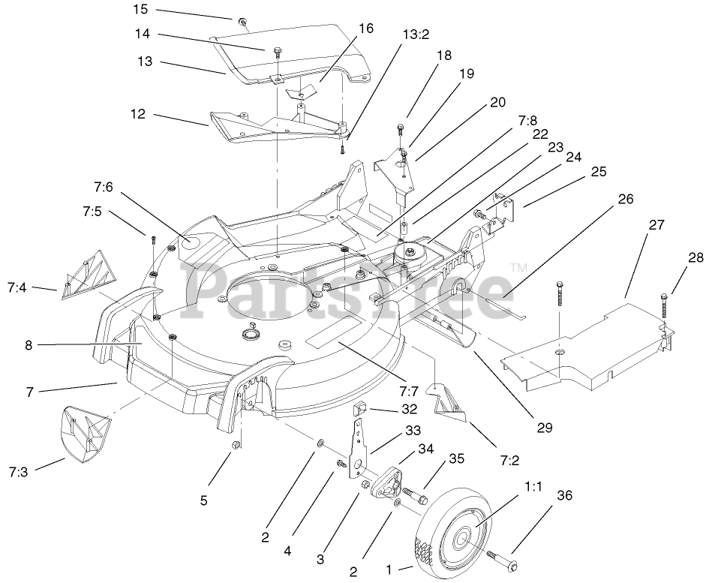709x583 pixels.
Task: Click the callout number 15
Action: pos(140,10)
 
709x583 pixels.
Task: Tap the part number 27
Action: pos(656,224)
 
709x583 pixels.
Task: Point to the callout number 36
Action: pos(564,494)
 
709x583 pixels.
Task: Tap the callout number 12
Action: pos(138,115)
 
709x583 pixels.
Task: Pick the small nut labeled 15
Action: pos(242,20)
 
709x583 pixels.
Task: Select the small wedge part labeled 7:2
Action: pos(448,398)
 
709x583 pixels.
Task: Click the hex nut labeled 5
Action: pos(234,447)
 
